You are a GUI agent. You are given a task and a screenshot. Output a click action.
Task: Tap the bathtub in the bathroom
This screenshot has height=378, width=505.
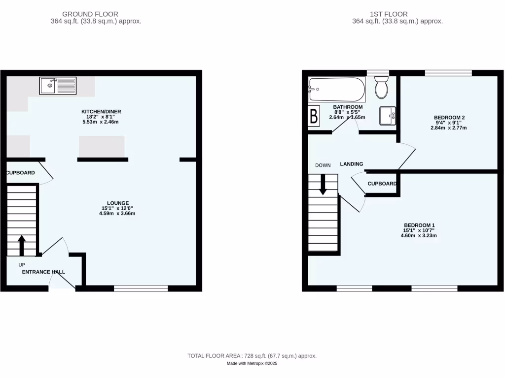(337, 90)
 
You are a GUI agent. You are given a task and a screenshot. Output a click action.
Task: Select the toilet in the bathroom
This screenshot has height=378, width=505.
(381, 88)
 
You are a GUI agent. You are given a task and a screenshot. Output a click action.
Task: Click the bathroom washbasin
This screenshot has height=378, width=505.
(387, 116)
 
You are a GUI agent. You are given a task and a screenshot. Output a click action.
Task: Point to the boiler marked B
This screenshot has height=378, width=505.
(313, 117)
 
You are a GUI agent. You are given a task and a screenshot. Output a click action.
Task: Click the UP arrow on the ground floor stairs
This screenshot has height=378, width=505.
(22, 245)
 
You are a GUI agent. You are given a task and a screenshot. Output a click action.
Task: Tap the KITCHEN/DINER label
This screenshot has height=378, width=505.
(101, 112)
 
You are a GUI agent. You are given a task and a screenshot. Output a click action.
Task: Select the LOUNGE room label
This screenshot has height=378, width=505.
(118, 203)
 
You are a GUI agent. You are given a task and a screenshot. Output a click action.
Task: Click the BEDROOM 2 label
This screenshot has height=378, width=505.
(449, 117)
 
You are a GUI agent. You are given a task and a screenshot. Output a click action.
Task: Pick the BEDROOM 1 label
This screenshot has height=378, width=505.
(418, 225)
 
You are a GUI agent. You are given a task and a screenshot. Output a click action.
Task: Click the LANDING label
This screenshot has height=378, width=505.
(351, 164)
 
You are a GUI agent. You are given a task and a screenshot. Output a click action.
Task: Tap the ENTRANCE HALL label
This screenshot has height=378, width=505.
(43, 272)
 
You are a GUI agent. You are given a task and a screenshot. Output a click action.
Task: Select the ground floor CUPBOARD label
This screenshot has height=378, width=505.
(20, 173)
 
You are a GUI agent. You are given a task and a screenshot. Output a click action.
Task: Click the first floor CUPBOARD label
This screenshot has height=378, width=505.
(382, 184)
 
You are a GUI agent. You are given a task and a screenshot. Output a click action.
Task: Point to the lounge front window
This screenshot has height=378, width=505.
(141, 288)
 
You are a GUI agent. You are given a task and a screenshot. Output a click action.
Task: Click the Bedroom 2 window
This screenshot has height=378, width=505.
(448, 73)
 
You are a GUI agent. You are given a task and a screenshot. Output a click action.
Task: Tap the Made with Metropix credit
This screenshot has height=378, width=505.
(252, 364)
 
